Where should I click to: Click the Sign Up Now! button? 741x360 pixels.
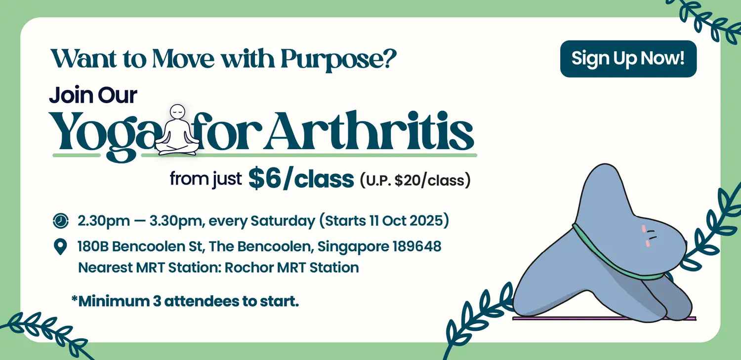[628, 59]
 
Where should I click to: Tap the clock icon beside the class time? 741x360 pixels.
[61, 221]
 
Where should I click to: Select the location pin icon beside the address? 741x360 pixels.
[60, 246]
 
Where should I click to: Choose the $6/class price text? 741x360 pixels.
[301, 179]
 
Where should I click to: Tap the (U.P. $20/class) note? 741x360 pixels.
[415, 180]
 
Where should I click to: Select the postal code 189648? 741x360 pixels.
[417, 246]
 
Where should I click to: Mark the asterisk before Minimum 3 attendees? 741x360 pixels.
[74, 298]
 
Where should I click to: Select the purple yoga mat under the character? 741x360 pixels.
[604, 319]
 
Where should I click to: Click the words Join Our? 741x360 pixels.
[93, 95]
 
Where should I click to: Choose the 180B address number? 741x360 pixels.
[93, 246]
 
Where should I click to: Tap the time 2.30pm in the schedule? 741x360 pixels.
[104, 221]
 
